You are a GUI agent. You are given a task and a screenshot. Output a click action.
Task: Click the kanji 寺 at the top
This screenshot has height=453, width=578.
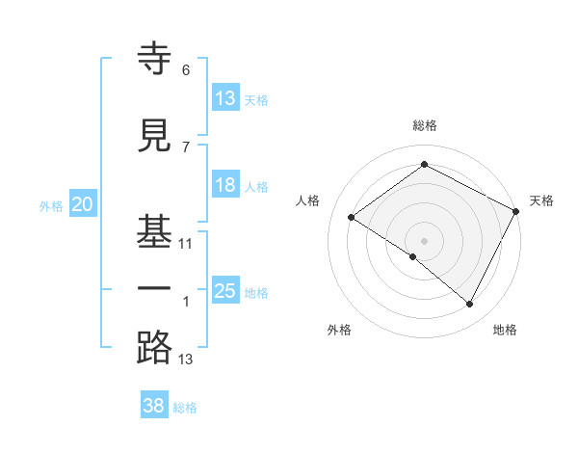click(x=155, y=60)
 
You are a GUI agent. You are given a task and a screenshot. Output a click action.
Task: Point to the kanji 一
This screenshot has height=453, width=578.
click(x=155, y=289)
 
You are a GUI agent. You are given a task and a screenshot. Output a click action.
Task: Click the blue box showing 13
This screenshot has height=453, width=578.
click(x=225, y=98)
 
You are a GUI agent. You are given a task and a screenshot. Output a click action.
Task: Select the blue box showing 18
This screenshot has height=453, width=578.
click(x=225, y=185)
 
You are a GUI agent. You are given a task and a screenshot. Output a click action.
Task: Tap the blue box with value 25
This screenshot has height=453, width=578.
click(x=225, y=291)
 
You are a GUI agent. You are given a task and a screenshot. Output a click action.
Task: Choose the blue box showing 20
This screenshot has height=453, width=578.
click(x=83, y=204)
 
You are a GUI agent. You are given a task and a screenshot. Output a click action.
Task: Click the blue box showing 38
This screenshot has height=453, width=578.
click(x=153, y=406)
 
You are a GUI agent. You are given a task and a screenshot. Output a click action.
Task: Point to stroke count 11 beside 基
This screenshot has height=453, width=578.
click(x=186, y=244)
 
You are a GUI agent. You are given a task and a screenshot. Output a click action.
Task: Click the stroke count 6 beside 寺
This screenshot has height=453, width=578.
click(x=185, y=70)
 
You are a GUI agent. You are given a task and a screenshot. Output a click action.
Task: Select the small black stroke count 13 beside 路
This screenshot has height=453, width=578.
click(x=186, y=360)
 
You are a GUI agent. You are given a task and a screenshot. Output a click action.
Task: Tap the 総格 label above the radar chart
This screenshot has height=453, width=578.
click(x=424, y=125)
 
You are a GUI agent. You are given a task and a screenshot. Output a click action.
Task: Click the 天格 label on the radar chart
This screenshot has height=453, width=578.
click(x=541, y=200)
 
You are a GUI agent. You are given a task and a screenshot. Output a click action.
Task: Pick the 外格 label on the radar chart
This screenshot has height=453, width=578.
click(x=339, y=330)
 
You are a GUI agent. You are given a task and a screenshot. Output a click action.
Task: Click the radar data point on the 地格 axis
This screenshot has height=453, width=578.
click(x=470, y=304)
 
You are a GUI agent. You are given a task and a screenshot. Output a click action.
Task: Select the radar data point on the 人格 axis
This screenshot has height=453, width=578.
click(x=352, y=217)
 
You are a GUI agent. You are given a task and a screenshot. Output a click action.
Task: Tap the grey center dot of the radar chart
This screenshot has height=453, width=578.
click(x=424, y=240)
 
